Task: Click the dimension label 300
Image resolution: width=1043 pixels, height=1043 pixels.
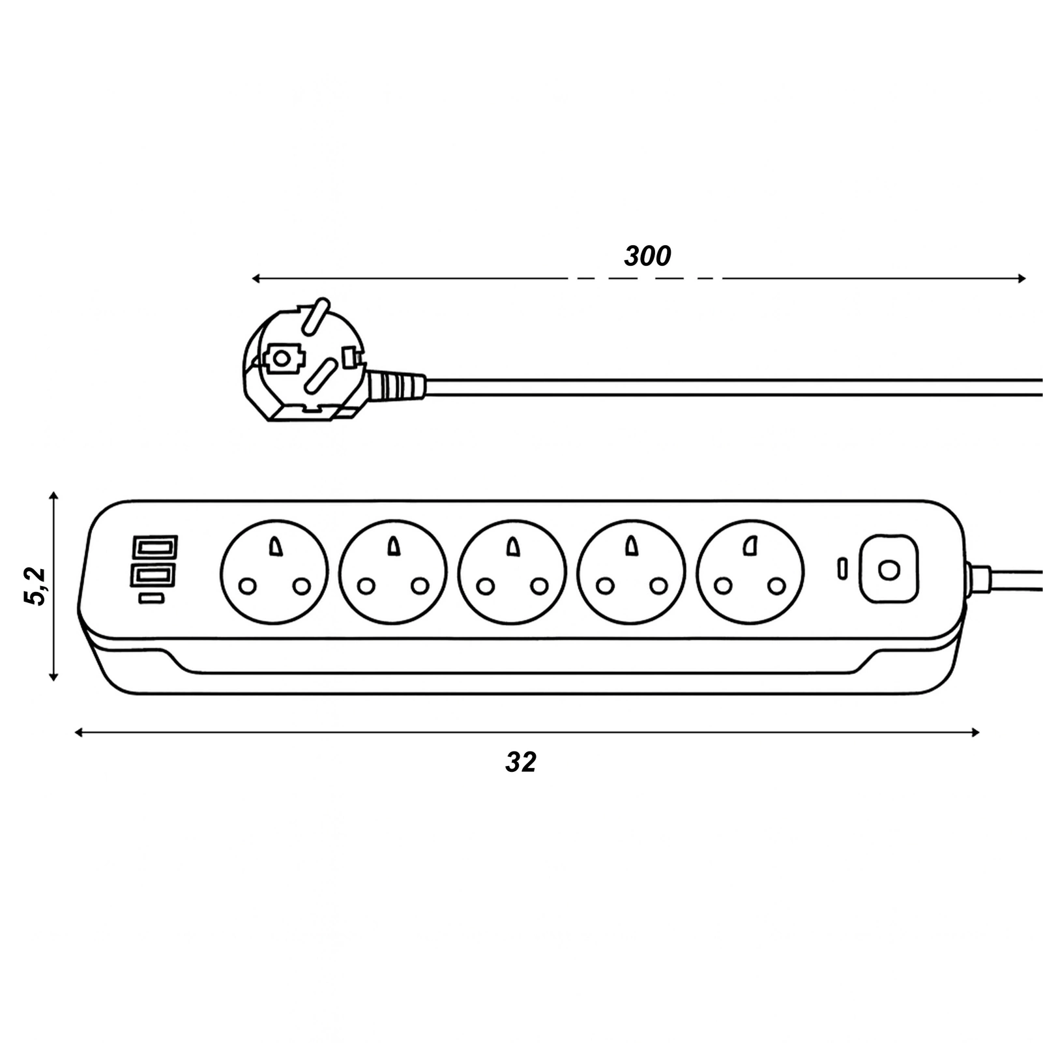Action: (647, 256)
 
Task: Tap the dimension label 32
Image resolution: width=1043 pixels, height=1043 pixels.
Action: (520, 762)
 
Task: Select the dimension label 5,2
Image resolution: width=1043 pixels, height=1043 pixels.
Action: (36, 587)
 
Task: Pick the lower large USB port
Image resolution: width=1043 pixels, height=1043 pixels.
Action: (154, 576)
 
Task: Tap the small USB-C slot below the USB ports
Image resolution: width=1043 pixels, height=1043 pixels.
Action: (152, 598)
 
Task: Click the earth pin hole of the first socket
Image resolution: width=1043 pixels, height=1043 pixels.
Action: (274, 546)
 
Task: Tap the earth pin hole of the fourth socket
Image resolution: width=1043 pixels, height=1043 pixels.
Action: (630, 546)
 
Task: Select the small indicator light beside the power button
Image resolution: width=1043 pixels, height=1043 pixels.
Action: (842, 568)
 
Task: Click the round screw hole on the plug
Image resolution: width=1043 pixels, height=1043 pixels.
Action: (282, 357)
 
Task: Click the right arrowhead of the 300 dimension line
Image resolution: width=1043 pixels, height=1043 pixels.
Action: (1021, 279)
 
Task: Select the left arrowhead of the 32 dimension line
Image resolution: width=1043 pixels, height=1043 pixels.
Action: (79, 733)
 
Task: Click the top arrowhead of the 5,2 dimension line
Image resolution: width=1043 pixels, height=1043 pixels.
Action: (54, 497)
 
